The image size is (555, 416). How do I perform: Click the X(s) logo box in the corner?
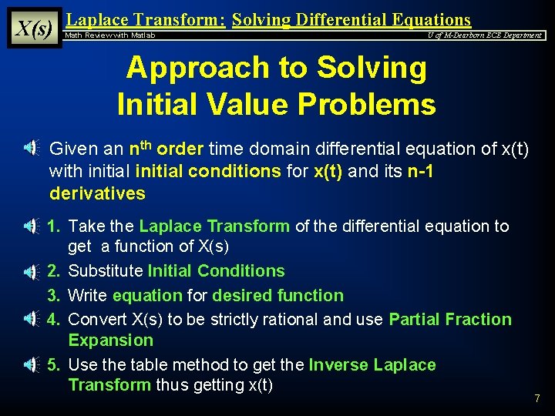click(34, 29)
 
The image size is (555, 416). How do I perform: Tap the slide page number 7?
click(537, 398)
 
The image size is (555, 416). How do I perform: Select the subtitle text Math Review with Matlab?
click(110, 35)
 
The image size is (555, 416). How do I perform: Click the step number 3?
click(54, 296)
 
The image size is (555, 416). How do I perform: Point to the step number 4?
click(54, 320)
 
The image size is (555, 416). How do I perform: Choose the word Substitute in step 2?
click(106, 271)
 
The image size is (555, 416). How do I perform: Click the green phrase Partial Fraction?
click(450, 320)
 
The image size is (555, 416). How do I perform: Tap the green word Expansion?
click(111, 341)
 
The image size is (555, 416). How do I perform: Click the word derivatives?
click(97, 193)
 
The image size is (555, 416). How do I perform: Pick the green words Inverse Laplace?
click(372, 365)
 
